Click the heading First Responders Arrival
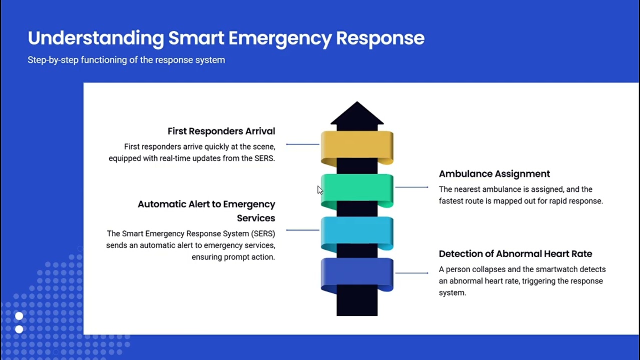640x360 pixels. coord(221,131)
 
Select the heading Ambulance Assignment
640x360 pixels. coord(494,174)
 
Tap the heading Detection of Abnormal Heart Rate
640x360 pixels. coord(515,253)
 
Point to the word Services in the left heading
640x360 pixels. coord(255,218)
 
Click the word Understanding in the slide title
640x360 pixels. coord(95,38)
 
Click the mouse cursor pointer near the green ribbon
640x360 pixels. coord(320,190)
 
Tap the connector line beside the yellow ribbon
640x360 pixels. coord(302,144)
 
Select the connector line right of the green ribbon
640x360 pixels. coord(411,187)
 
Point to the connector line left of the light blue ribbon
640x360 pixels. coord(302,230)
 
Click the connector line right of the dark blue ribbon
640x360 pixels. coord(411,273)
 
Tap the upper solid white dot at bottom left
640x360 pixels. coord(19,316)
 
